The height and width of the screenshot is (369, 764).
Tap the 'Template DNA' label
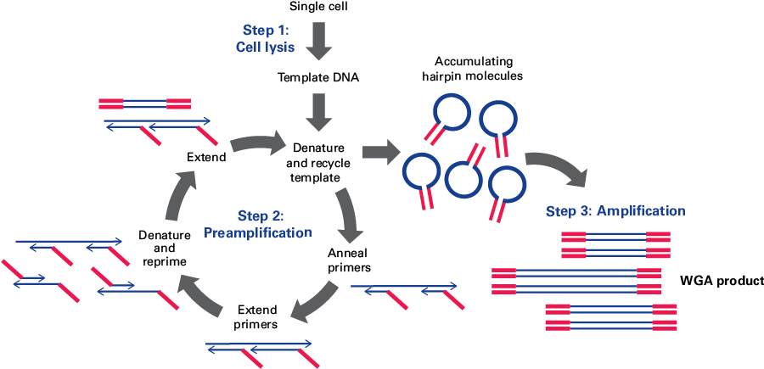(x=318, y=78)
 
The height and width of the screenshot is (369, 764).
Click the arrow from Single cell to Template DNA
(x=319, y=42)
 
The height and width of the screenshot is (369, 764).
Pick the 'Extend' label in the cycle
(x=206, y=156)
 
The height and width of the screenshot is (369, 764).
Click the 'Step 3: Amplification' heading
(x=615, y=210)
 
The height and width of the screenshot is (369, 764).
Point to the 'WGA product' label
(x=722, y=280)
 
